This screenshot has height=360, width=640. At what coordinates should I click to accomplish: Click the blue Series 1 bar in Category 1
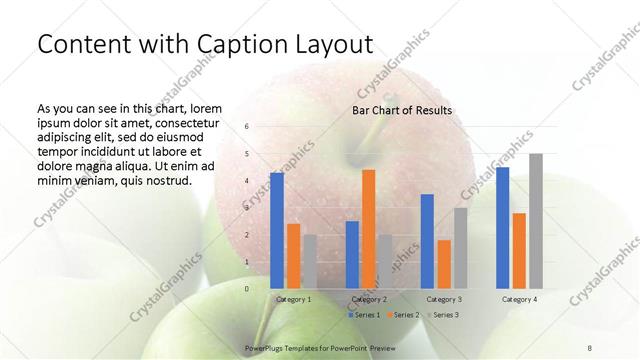pos(276,231)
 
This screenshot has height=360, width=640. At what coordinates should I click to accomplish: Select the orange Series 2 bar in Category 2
pos(368,229)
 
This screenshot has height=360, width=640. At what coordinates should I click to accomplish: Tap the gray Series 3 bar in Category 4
pos(536,221)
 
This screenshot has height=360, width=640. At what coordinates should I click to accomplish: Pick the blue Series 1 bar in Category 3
pos(427,241)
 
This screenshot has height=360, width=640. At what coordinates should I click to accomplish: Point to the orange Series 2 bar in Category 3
pos(443,264)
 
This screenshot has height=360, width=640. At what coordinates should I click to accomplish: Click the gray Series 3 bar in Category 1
pos(309,261)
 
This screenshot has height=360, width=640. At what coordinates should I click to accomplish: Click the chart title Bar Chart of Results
pos(402,110)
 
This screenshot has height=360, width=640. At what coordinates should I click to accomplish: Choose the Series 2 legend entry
pos(403,314)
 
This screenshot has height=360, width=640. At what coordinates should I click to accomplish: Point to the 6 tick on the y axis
pos(246,127)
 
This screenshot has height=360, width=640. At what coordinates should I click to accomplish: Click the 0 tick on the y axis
pos(246,288)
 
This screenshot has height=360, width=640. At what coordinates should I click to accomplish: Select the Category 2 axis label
pos(369,299)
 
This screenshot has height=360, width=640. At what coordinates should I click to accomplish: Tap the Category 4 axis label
pos(519,299)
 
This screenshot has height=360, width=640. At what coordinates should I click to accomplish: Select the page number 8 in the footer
pos(590,346)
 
